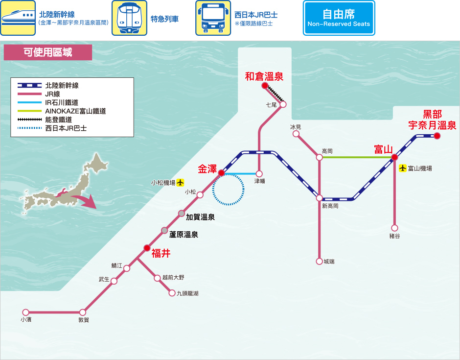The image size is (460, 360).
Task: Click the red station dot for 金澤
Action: point(221,173)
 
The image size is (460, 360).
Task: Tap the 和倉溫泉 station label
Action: point(264,76)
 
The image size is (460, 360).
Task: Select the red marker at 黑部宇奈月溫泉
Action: point(437,136)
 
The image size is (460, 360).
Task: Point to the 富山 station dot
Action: point(394,157)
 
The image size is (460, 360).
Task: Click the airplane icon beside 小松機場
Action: point(180,183)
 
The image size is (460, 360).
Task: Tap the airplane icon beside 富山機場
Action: point(402,168)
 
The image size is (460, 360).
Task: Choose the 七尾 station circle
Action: point(283,104)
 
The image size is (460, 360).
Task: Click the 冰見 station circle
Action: point(296,134)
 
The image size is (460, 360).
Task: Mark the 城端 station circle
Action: point(319,261)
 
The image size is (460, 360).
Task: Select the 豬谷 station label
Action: point(394,236)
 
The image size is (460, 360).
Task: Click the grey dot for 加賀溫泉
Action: point(182,214)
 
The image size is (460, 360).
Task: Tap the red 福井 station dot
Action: point(147,248)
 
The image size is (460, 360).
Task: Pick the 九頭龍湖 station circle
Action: point(172,293)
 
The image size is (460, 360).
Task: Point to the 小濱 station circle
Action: point(26,312)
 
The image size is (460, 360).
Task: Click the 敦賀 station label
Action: point(84,320)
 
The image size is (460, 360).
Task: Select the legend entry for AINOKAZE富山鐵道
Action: point(62,111)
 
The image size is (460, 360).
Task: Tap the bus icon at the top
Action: point(213,18)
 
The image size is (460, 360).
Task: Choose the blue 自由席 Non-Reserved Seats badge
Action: point(339,18)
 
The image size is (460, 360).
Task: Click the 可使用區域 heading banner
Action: point(48,52)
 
